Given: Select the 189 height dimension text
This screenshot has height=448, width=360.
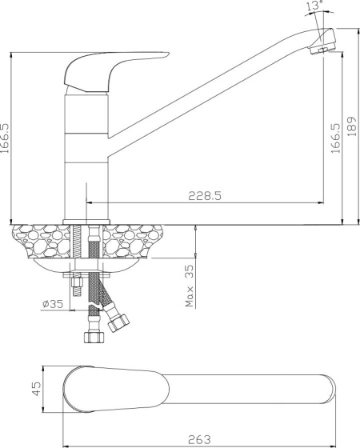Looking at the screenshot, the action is (352, 126).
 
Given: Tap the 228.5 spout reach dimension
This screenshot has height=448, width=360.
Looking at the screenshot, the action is (205, 196).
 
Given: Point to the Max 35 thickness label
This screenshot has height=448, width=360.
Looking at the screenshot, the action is (190, 286).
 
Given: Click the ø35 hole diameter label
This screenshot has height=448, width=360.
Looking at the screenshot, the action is (53, 304).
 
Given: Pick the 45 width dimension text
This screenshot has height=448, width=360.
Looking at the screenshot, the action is (36, 389).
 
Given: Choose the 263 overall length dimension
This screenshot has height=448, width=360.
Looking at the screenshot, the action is (200, 439).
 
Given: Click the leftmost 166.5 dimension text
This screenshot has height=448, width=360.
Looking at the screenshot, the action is (5, 138).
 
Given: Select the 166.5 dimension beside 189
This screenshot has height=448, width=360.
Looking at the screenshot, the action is (336, 138).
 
